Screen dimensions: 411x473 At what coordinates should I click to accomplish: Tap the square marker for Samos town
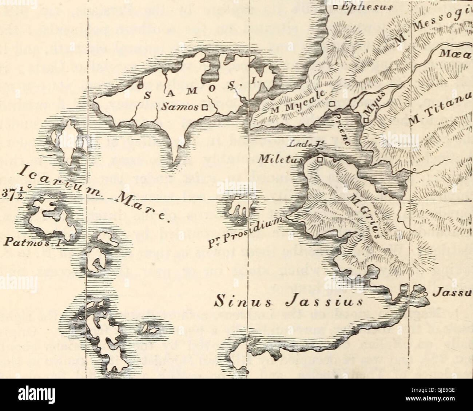coord(204,107)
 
